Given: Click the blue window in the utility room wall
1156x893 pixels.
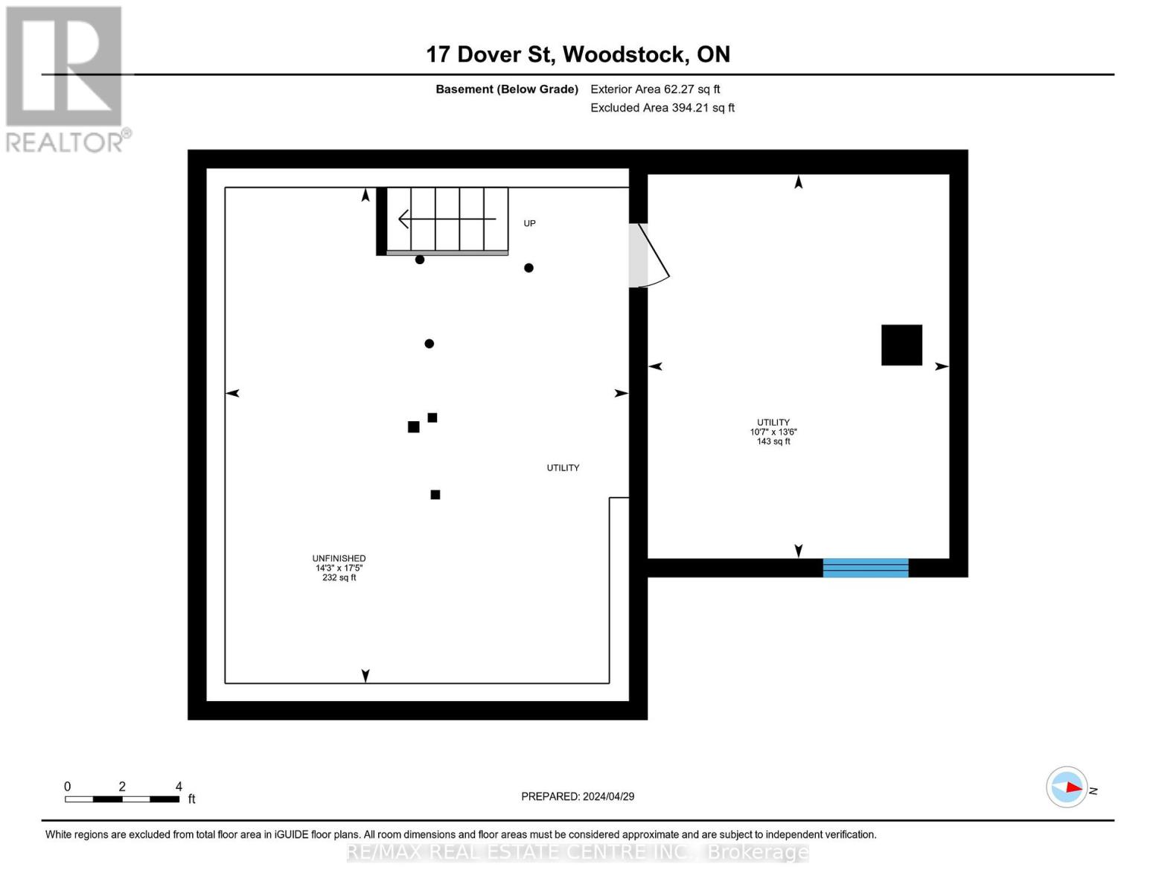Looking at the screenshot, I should click(865, 568).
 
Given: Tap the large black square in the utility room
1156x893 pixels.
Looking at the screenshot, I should click(901, 345).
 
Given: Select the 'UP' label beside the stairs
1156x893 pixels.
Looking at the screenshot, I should click(529, 223).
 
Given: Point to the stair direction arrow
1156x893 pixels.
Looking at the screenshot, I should click(447, 219).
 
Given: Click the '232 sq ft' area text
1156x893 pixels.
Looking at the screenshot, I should click(339, 578).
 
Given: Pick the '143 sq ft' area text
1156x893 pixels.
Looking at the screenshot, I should click(773, 442).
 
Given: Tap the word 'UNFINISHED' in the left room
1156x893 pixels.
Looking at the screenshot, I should click(339, 558).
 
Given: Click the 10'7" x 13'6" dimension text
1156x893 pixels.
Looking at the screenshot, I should click(773, 432).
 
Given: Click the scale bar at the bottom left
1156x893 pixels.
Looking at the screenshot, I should click(122, 799).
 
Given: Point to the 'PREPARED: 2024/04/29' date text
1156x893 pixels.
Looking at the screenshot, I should click(578, 796).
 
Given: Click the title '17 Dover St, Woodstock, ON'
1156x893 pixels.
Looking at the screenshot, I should click(578, 54).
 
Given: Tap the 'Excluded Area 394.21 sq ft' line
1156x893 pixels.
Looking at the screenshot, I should click(662, 108).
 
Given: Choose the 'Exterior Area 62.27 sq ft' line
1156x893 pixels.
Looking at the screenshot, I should click(655, 89).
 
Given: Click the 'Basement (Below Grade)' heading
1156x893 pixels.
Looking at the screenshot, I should click(507, 89).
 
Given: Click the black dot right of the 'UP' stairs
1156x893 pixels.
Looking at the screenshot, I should click(528, 268).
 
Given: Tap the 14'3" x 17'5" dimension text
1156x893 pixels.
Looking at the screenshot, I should click(339, 568).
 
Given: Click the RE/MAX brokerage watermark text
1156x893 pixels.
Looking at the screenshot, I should click(578, 851).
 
